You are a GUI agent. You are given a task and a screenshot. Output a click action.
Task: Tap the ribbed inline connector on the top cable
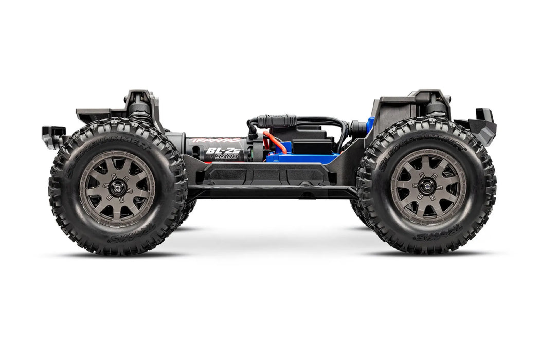click(x=278, y=121)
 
